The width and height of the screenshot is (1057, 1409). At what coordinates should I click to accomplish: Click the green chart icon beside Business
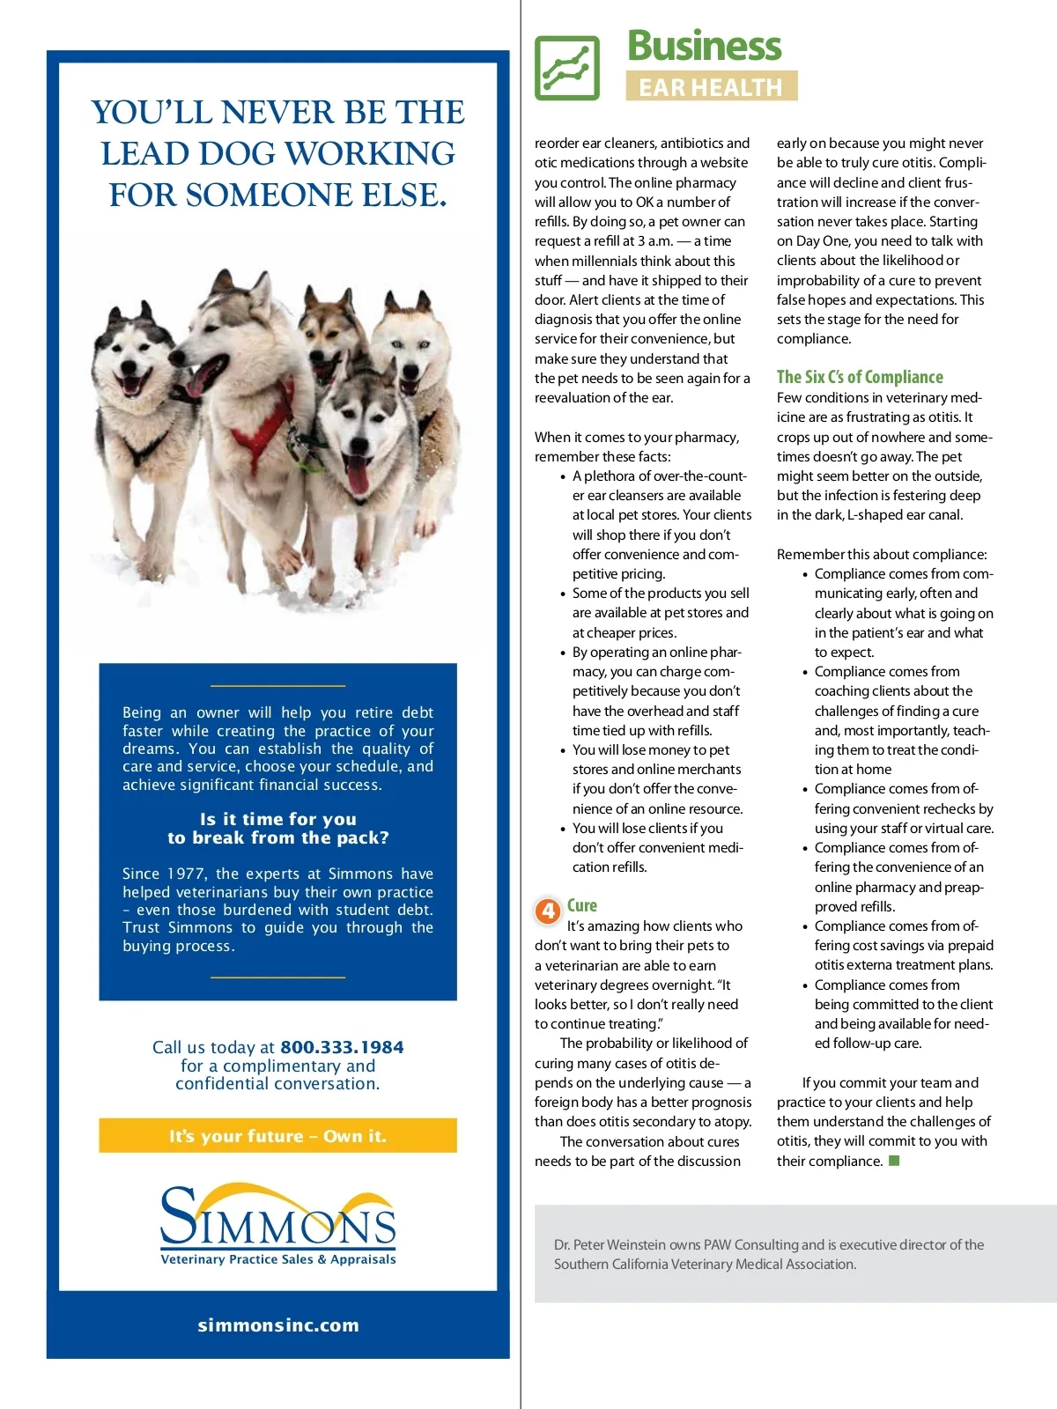(x=567, y=68)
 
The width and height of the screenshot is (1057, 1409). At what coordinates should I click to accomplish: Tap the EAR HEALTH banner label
(x=711, y=87)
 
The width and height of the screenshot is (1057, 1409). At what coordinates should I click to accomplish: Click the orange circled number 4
(x=548, y=911)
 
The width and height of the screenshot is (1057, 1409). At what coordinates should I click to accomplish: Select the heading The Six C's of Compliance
(x=860, y=377)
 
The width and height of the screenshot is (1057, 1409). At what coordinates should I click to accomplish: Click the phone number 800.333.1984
(x=342, y=1047)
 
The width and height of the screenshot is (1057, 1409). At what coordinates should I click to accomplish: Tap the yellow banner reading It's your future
(x=277, y=1136)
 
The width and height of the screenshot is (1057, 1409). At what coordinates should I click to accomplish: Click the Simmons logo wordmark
(x=277, y=1220)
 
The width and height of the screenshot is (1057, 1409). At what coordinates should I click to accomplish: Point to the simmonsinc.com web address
(x=278, y=1325)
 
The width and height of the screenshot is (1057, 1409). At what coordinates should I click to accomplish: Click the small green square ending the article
(x=894, y=1161)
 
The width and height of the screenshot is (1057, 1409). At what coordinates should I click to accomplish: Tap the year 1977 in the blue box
(x=186, y=874)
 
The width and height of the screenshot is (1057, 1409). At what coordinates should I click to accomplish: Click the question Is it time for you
(x=277, y=819)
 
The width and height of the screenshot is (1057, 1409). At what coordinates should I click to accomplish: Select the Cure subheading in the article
(x=582, y=905)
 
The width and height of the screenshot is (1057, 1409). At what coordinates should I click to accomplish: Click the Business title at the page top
(x=704, y=46)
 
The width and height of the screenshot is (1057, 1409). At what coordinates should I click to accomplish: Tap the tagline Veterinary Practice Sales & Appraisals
(x=278, y=1259)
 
